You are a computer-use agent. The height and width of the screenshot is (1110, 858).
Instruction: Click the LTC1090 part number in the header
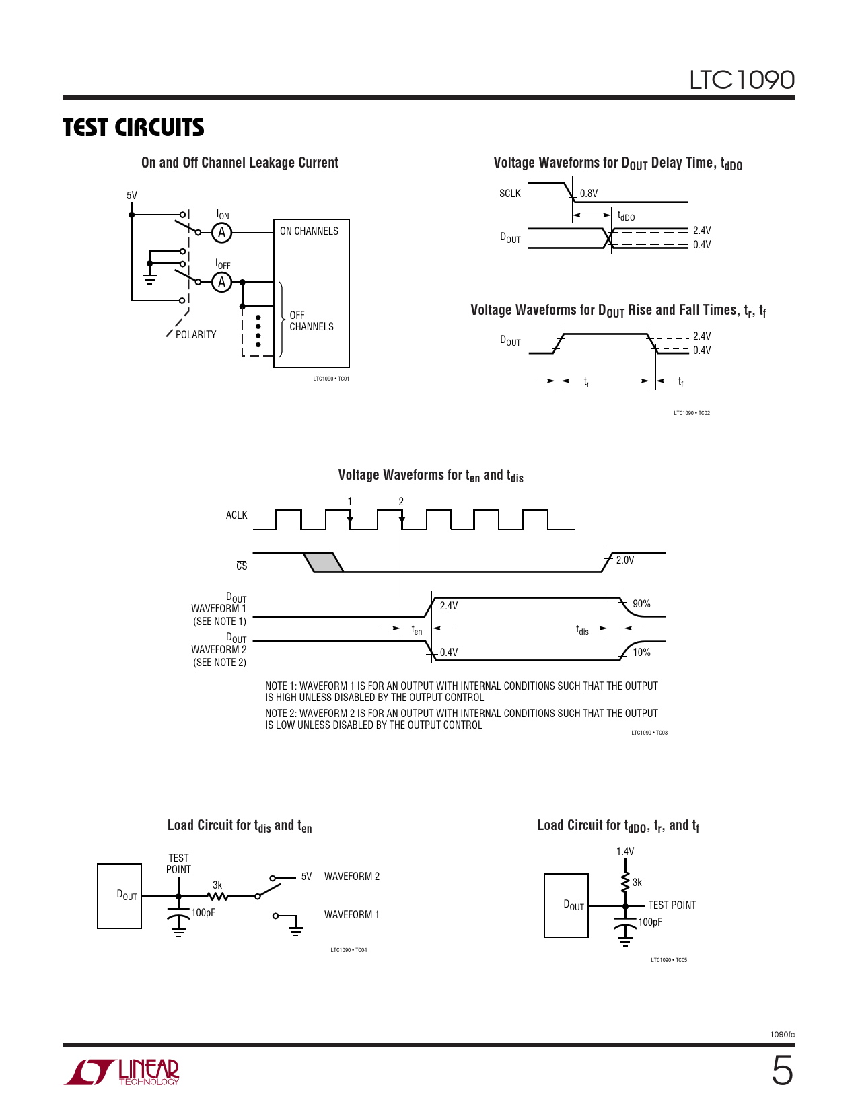pyautogui.click(x=742, y=80)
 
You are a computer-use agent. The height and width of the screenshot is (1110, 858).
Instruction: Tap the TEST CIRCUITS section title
pyautogui.click(x=133, y=127)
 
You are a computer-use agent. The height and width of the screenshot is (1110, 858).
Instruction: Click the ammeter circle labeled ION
pyautogui.click(x=221, y=233)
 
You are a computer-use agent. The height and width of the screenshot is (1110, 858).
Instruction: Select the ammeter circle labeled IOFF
pyautogui.click(x=221, y=283)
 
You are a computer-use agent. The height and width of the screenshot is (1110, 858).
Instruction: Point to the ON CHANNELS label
pyautogui.click(x=309, y=231)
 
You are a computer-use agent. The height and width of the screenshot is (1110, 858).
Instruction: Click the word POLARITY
pyautogui.click(x=196, y=335)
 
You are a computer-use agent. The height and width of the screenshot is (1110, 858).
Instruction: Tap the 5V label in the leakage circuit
pyautogui.click(x=132, y=196)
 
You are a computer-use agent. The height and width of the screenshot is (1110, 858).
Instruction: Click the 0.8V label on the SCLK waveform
pyautogui.click(x=589, y=194)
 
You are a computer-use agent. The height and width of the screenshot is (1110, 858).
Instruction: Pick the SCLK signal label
pyautogui.click(x=509, y=194)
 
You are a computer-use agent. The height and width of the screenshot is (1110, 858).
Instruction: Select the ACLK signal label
pyautogui.click(x=236, y=515)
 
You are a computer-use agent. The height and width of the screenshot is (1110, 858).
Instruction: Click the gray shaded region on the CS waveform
pyautogui.click(x=324, y=562)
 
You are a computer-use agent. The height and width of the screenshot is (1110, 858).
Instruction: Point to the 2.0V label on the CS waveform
pyautogui.click(x=625, y=560)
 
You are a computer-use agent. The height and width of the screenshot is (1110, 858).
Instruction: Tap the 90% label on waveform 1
pyautogui.click(x=641, y=604)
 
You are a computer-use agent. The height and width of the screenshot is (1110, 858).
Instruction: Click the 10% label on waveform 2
pyautogui.click(x=641, y=653)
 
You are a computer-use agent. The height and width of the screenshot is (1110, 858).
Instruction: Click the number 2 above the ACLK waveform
pyautogui.click(x=401, y=502)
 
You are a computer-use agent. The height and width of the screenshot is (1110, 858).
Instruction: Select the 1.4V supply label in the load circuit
pyautogui.click(x=625, y=852)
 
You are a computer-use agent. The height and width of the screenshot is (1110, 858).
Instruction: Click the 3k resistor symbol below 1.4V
pyautogui.click(x=626, y=881)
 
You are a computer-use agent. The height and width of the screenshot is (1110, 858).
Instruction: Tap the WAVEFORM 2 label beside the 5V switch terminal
pyautogui.click(x=352, y=877)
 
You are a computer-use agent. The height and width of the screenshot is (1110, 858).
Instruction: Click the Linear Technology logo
pyautogui.click(x=122, y=1072)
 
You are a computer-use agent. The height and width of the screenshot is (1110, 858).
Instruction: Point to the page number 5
pyautogui.click(x=782, y=1071)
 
